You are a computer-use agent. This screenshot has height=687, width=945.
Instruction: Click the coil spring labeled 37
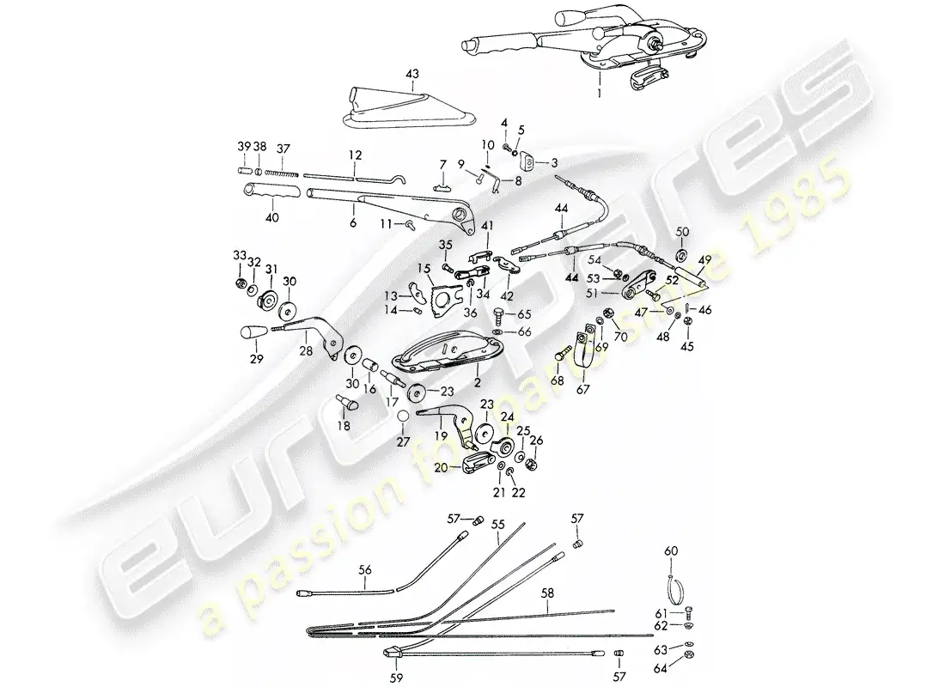coord(284,169)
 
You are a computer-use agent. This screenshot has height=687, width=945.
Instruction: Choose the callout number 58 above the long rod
coord(548,593)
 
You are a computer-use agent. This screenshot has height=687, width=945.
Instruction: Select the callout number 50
coord(683,233)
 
